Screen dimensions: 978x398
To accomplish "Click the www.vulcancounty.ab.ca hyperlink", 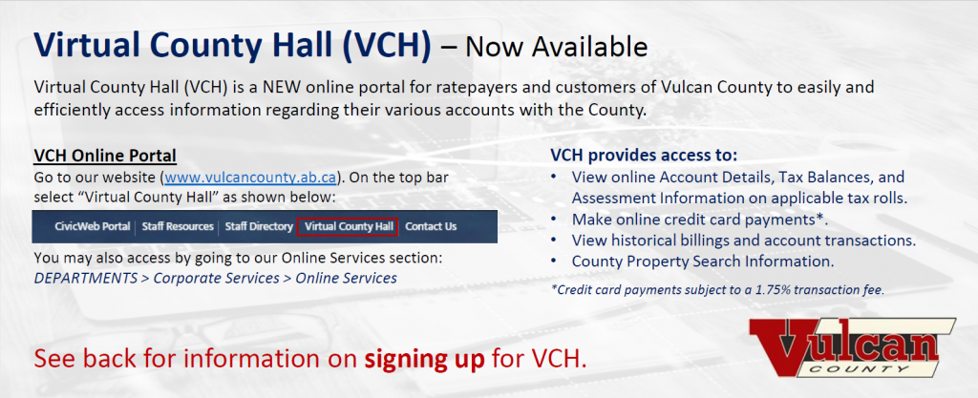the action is coord(251,177).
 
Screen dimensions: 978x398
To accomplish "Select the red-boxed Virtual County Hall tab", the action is coord(348,227).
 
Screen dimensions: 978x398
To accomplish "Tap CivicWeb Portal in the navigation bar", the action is coord(93,227).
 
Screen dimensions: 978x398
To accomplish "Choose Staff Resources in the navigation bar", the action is coord(178,227).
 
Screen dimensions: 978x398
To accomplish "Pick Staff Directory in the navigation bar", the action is coord(259,227).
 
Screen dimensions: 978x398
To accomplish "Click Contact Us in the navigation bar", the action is coord(431,227).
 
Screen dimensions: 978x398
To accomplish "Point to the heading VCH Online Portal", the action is coord(105,155).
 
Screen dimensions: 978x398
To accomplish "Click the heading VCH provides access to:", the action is coord(645,155).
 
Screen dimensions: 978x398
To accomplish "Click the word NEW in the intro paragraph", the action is coord(284,87).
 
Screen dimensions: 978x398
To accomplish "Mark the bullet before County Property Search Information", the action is coord(554,262).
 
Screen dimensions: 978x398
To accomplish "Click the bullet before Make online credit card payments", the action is coord(554,220).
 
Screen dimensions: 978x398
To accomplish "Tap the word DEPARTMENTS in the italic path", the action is coord(85,278).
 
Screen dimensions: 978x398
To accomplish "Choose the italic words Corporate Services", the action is coord(217,278).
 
